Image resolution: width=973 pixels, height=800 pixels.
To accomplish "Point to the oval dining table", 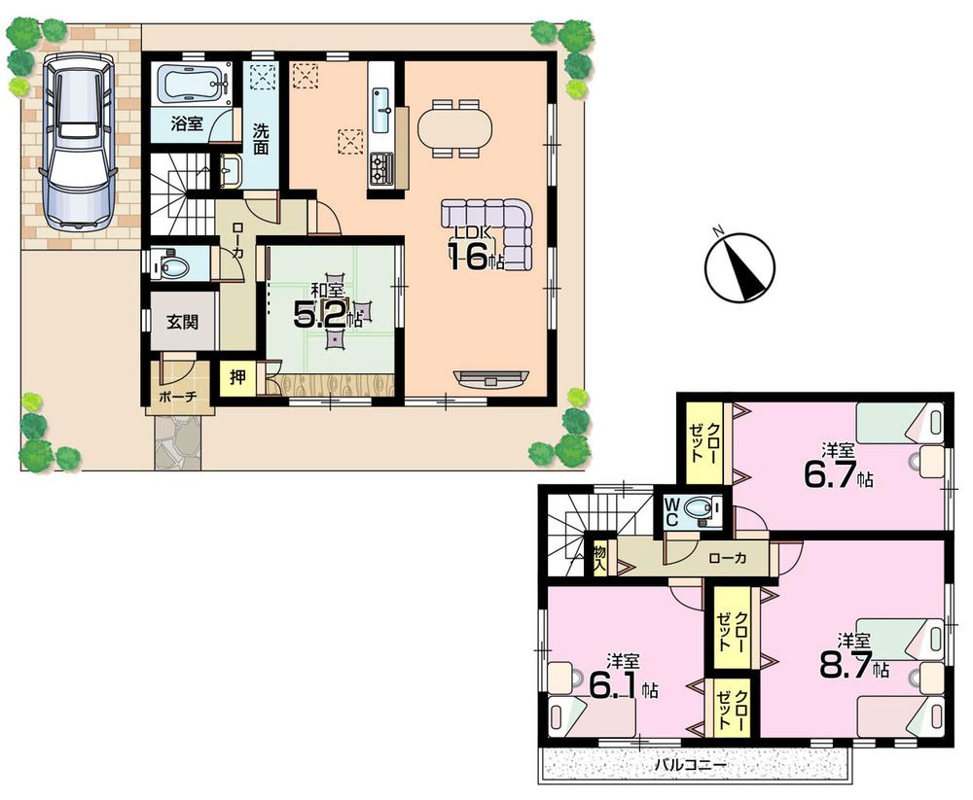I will pos(455,127).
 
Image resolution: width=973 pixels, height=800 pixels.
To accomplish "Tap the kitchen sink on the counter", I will pos(380,99).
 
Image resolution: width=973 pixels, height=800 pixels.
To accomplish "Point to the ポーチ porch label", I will pos(177,398).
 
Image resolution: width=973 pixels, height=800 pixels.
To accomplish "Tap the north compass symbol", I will pos(739,264).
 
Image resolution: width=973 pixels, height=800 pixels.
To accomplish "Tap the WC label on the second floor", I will pos(670,511).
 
